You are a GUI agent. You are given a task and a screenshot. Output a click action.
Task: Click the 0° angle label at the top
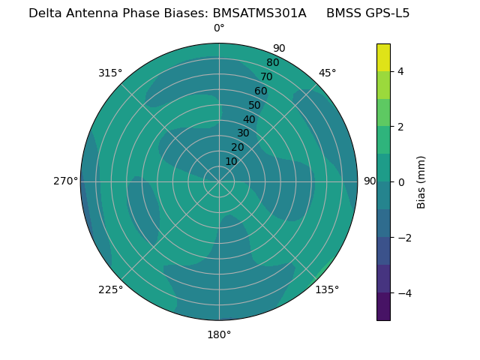pyautogui.click(x=219, y=28)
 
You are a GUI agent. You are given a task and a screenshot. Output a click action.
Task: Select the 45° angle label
pyautogui.click(x=328, y=73)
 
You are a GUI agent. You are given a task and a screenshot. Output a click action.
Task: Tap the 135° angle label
pyautogui.click(x=327, y=289)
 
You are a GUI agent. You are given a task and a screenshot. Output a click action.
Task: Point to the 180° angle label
pyautogui.click(x=219, y=334)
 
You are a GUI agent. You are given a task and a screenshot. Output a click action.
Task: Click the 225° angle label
pyautogui.click(x=110, y=289)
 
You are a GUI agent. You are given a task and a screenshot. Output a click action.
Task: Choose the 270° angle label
pyautogui.click(x=65, y=181)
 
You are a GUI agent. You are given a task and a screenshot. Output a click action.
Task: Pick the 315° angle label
pyautogui.click(x=110, y=73)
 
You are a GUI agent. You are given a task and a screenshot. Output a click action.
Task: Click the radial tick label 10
pyautogui.click(x=231, y=161)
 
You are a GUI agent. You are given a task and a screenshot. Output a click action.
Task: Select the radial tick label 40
pyautogui.click(x=249, y=119)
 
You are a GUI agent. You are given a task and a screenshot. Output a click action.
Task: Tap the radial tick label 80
pyautogui.click(x=272, y=62)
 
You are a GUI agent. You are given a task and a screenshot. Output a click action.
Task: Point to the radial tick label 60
pyautogui.click(x=260, y=91)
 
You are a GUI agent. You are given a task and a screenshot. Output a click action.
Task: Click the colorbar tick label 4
pyautogui.click(x=400, y=71)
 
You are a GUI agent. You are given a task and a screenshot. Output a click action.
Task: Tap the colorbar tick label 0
pyautogui.click(x=400, y=181)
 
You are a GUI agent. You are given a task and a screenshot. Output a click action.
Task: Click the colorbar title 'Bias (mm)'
pyautogui.click(x=421, y=181)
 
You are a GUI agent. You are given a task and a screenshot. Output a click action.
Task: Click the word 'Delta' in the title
pyautogui.click(x=44, y=13)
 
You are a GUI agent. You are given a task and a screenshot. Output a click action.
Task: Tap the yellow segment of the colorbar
pyautogui.click(x=383, y=57)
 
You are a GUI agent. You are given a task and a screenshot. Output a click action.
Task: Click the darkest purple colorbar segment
pyautogui.click(x=383, y=307)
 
